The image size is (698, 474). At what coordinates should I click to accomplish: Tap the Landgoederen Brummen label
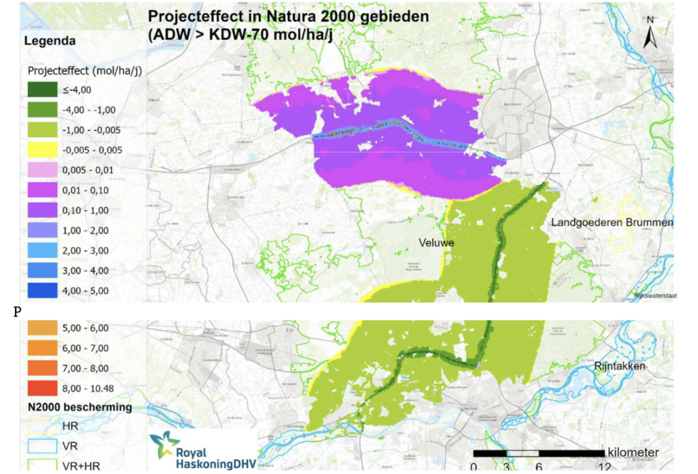point(611,223)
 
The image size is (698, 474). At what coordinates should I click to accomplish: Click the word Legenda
point(49,41)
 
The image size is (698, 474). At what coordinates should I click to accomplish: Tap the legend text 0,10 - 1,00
point(85,211)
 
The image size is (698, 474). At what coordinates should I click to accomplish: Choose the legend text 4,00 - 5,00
point(85,291)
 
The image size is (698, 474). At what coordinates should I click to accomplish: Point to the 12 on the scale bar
point(603,467)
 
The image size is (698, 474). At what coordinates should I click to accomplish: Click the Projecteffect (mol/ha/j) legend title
point(85,70)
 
